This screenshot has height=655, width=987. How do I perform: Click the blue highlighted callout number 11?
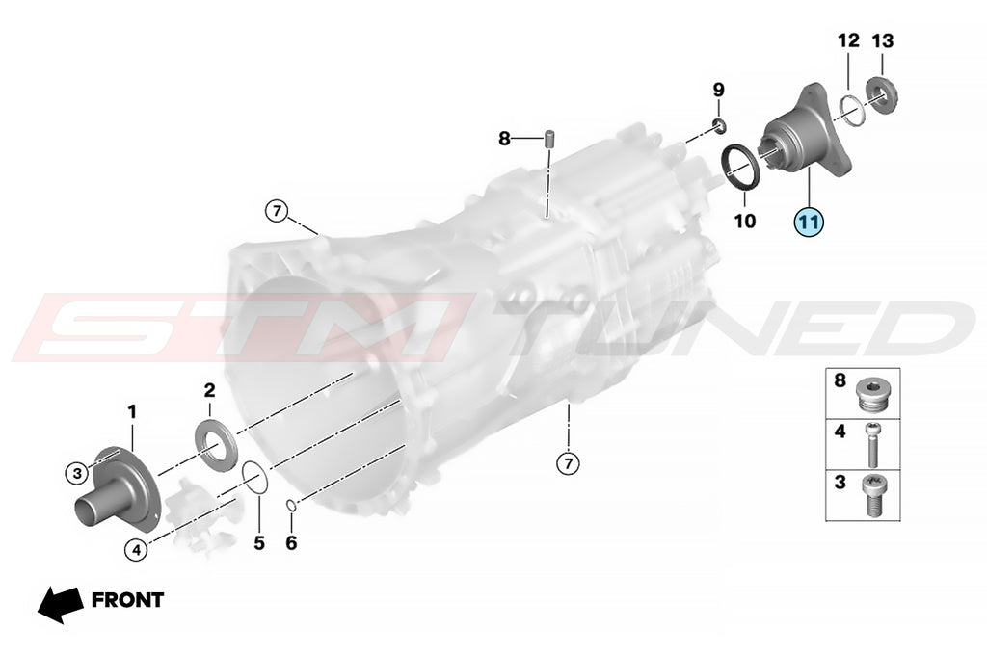point(809,222)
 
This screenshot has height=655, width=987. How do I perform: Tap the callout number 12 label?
point(848,40)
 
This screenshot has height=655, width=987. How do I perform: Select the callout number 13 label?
point(883,40)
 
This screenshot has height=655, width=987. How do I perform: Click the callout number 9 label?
point(719,90)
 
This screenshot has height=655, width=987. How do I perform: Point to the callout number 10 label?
point(745,221)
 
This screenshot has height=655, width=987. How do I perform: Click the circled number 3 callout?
point(77,473)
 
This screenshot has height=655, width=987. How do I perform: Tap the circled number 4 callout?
point(137,549)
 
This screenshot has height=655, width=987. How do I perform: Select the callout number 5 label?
point(259,542)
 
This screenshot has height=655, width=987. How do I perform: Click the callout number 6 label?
point(291,542)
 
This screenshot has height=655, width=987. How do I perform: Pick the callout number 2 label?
point(209,390)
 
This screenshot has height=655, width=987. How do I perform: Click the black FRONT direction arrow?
point(61,605)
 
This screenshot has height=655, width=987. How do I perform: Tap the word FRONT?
point(128,600)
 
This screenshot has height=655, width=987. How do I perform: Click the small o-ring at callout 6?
point(291,505)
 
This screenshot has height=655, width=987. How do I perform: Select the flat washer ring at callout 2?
point(217,446)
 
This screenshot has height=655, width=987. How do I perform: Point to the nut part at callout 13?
point(882,95)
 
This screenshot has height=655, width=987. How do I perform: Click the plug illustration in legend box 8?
point(871,393)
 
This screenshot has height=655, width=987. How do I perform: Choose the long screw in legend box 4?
point(872,444)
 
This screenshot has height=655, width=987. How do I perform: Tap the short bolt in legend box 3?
point(872,495)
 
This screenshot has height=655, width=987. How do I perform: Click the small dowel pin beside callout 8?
point(548,138)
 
